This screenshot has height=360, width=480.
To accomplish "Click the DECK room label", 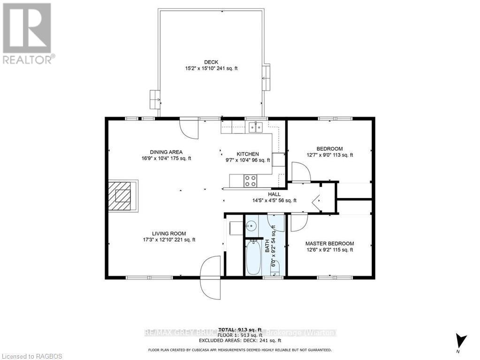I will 211,62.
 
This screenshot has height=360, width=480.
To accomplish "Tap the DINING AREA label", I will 166,152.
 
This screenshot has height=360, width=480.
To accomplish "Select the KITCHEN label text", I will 247,154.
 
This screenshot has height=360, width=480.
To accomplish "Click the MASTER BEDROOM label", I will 329,244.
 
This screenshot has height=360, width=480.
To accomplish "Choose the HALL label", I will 274,194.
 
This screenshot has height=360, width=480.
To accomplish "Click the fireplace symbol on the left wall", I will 123,196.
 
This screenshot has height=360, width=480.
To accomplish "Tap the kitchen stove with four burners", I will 250,180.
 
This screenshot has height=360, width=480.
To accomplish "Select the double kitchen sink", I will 255,127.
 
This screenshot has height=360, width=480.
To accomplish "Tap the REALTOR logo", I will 28,33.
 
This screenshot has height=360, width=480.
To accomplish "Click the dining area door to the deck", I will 190,128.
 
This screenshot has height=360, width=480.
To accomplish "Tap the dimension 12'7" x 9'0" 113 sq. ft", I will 329,155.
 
